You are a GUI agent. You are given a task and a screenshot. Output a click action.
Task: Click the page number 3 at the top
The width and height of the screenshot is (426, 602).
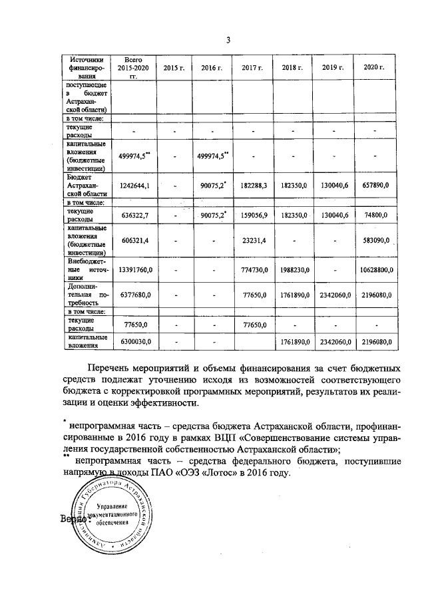(228, 40)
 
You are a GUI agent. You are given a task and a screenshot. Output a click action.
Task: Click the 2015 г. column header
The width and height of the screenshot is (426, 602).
(174, 68)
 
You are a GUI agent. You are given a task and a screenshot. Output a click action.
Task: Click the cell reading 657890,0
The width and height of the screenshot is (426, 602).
(375, 186)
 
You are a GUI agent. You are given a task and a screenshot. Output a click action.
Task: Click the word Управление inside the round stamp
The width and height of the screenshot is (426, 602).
(114, 506)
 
